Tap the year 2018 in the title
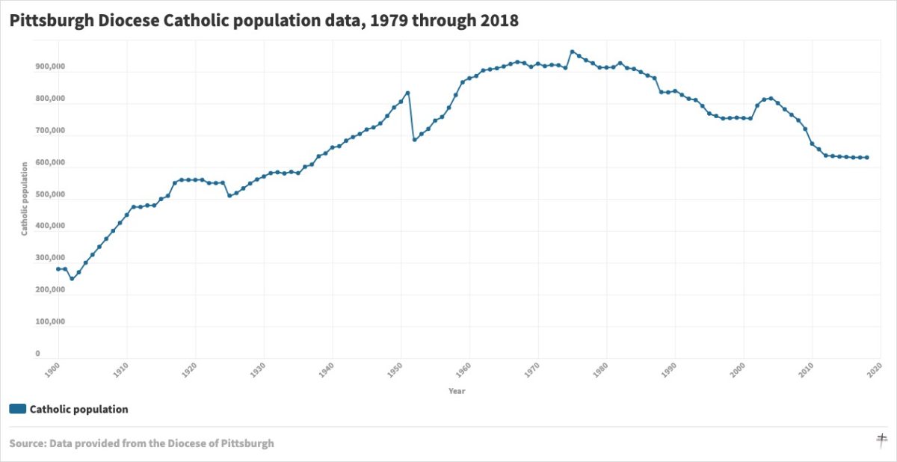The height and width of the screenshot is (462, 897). (x=499, y=21)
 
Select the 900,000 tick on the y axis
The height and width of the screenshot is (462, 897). (x=50, y=67)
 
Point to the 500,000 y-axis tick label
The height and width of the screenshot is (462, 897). (x=50, y=194)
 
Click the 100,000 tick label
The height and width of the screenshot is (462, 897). (x=50, y=322)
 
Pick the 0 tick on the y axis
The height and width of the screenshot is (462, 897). (x=37, y=354)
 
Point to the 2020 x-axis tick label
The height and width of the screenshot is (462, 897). (x=881, y=369)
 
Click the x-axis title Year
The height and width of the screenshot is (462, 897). (x=456, y=391)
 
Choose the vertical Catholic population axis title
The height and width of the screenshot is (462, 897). (x=24, y=199)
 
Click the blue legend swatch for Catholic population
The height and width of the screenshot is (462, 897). (x=18, y=409)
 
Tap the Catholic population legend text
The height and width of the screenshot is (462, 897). (x=78, y=409)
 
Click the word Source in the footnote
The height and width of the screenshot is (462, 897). (x=27, y=443)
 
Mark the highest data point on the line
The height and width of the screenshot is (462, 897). (x=572, y=52)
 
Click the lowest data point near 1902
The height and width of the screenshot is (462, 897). (x=72, y=279)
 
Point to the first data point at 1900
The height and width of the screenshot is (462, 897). (x=58, y=269)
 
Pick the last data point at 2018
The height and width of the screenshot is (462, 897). (x=867, y=158)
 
